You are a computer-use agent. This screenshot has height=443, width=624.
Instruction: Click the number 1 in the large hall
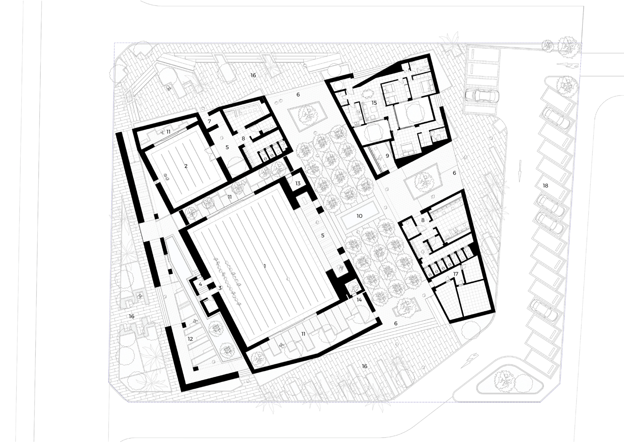pos(265,266)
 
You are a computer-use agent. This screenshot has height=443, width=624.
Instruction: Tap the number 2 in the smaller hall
pos(186,166)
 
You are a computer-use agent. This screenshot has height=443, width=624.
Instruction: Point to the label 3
pos(220,288)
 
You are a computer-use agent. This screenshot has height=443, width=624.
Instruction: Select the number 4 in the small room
pos(200,284)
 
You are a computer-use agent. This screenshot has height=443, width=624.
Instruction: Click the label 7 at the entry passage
pos(210,121)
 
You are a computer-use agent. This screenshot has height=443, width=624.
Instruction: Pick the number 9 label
pos(387,156)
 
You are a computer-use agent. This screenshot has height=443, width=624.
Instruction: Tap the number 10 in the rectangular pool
pos(359,216)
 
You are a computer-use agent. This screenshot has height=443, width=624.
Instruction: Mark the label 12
pos(190,339)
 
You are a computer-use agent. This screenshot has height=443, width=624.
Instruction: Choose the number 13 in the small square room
pos(298,183)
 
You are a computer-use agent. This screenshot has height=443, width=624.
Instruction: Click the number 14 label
pos(359,300)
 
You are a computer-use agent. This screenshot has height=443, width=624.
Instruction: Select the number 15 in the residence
pos(374,103)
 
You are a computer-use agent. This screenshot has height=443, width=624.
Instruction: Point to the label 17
pos(456,274)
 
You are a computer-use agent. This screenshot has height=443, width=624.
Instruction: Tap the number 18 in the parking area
pos(545,186)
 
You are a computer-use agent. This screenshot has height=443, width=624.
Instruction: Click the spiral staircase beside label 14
pos(352,289)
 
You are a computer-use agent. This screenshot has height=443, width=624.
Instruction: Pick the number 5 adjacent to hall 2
pos(227,147)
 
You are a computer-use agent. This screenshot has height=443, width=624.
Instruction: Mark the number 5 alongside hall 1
pos(322,235)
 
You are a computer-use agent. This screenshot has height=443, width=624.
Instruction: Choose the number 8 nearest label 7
pos(243,138)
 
